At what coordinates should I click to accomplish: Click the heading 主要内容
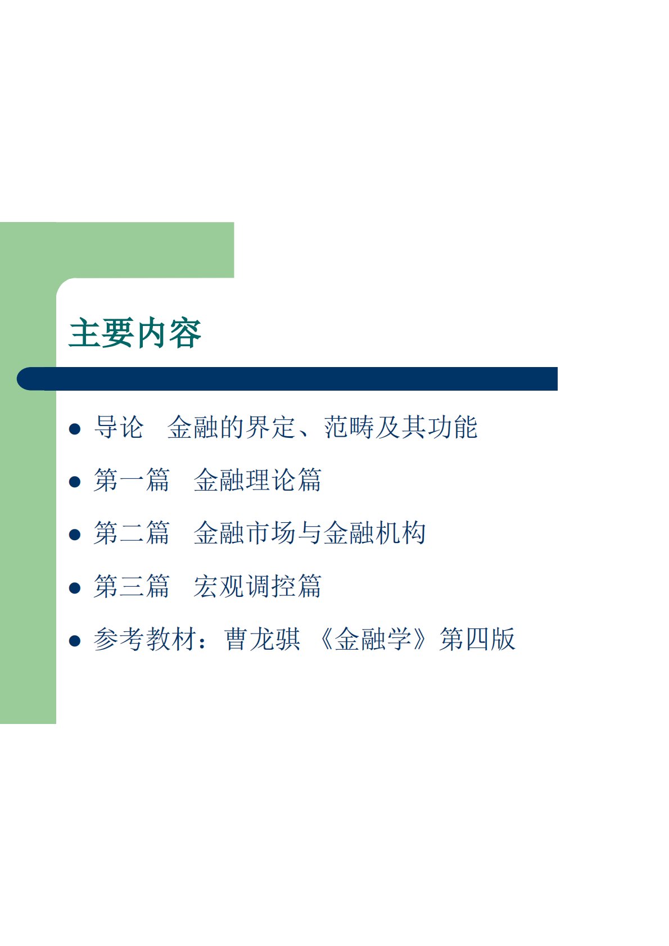(135, 333)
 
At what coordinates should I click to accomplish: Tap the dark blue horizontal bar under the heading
(287, 379)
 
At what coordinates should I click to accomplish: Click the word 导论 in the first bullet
(119, 427)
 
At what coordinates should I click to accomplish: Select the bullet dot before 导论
(75, 429)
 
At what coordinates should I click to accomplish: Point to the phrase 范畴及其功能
(401, 427)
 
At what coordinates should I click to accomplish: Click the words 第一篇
(132, 480)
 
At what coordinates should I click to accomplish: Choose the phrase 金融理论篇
(257, 480)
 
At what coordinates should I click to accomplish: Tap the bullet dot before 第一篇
(75, 482)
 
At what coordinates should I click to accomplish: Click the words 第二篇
(132, 533)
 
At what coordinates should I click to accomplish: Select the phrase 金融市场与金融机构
(310, 533)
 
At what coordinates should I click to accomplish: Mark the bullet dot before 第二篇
(75, 535)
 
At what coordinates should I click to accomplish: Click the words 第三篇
(132, 586)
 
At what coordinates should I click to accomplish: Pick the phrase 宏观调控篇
(257, 586)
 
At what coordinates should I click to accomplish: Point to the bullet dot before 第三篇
(75, 588)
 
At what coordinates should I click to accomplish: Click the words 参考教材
(145, 639)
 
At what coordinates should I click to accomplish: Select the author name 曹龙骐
(263, 639)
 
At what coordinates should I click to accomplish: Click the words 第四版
(477, 639)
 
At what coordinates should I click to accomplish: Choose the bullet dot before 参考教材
(75, 641)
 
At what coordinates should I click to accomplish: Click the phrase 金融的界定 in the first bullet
(231, 427)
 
